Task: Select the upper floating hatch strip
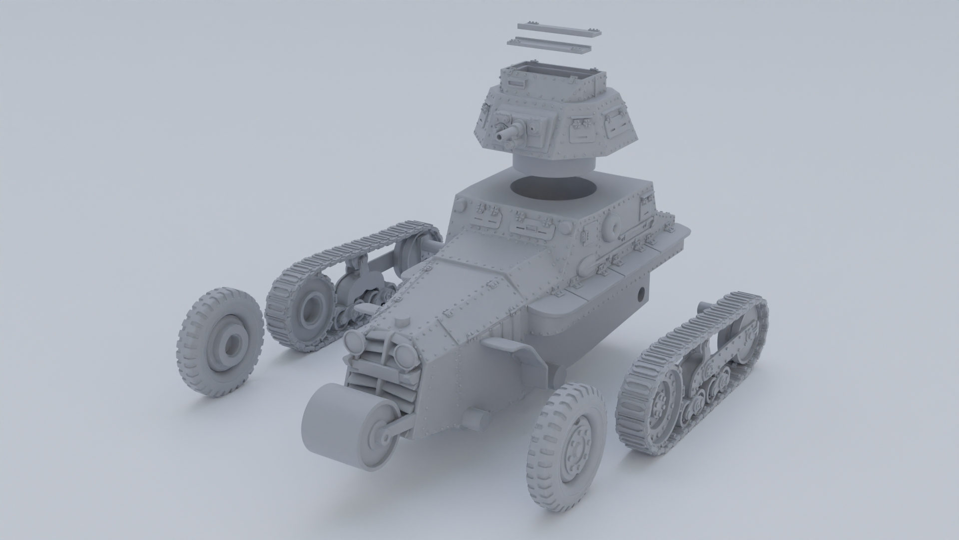click(x=558, y=28)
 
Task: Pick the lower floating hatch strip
click(x=548, y=45)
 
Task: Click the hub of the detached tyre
click(x=232, y=345)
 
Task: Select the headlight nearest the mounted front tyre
click(x=403, y=355)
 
